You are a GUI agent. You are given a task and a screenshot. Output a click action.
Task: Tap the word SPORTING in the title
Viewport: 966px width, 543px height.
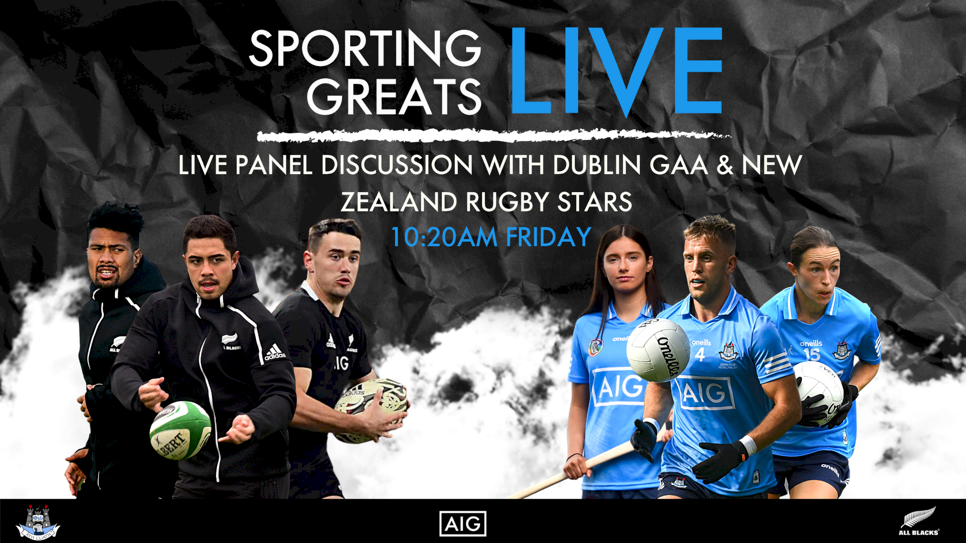(365, 48)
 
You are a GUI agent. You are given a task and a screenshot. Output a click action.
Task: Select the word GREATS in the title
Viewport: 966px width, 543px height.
(394, 97)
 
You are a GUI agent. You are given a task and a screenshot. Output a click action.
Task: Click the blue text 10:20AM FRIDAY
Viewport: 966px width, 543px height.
(491, 237)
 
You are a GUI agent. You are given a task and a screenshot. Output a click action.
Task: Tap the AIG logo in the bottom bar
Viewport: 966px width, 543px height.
(463, 524)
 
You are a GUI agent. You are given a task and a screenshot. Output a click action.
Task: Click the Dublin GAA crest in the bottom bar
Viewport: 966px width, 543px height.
(38, 523)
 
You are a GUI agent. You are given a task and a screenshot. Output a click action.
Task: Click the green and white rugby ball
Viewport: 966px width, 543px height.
(180, 430)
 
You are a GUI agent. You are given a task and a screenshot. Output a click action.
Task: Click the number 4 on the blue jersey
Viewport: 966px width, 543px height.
(700, 355)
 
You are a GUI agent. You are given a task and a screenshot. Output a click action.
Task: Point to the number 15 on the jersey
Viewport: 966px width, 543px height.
(811, 355)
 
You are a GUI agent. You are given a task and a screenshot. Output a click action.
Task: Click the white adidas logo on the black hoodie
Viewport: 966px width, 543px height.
(274, 353)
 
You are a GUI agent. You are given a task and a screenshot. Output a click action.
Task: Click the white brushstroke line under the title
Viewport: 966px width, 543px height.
(493, 136)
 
